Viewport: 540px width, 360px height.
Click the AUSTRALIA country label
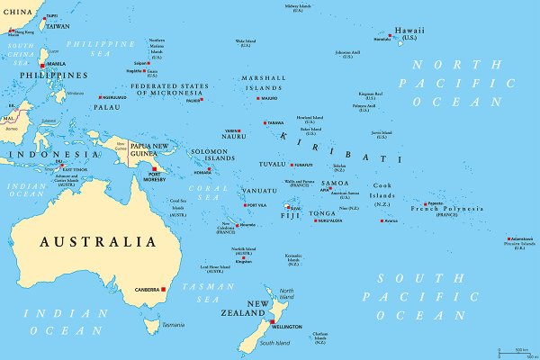click(97, 241)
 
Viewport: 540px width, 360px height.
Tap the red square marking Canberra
click(165, 289)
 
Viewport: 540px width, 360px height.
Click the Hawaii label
click(409, 31)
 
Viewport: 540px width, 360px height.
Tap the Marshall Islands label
click(264, 83)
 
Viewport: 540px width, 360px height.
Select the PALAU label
click(105, 107)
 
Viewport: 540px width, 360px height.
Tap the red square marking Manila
click(41, 65)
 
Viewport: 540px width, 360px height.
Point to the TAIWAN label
click(58, 26)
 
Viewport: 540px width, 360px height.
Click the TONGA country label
click(323, 213)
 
